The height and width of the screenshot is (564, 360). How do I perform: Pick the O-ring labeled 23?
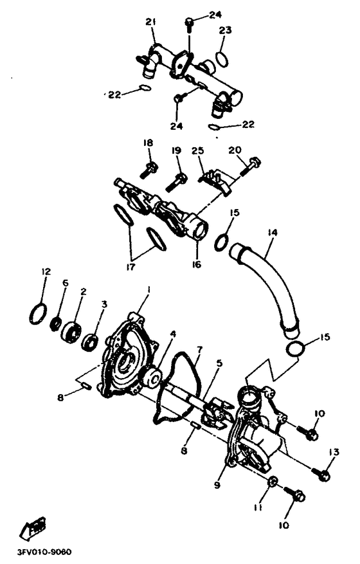[x=221, y=58]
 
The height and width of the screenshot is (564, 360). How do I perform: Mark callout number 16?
[x=197, y=264]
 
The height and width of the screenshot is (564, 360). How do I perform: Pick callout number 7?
[x=200, y=350]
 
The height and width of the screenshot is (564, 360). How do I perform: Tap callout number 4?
[x=172, y=334]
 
